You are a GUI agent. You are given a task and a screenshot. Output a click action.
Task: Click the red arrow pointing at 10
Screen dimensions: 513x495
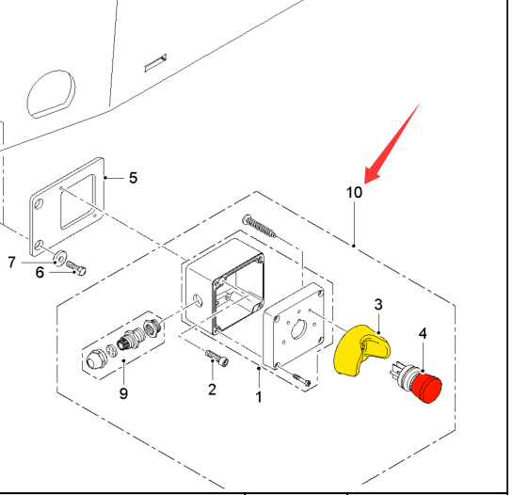point(392,143)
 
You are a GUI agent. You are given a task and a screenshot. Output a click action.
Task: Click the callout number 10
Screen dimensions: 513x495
point(354,192)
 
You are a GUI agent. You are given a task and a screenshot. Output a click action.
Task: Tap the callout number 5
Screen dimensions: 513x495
point(133,178)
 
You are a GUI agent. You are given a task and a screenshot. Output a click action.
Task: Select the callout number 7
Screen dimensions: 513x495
point(12,263)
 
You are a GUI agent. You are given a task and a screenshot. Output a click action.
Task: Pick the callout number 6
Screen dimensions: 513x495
point(40,273)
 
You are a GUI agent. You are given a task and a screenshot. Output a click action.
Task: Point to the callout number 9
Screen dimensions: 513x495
point(123,393)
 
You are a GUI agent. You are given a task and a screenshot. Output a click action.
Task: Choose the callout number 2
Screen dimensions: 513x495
point(212,390)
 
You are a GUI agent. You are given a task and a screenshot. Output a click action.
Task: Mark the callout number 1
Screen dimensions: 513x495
point(259,397)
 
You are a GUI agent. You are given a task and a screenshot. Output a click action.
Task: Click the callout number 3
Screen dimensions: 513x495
point(378,305)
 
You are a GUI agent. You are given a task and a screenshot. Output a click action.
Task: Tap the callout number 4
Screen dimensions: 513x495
point(423,334)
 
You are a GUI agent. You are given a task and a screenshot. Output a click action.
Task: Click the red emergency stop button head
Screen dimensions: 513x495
point(426,389)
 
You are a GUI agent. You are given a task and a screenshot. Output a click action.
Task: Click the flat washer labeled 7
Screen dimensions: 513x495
point(60,258)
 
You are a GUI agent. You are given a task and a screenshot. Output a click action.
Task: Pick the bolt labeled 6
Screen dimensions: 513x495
point(76,268)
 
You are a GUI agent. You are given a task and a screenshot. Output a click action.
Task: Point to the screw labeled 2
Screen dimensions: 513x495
point(216,358)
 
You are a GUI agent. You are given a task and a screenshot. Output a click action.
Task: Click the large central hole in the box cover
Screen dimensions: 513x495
point(298,329)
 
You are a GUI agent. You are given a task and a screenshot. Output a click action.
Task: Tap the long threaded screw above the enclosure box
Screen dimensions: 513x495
point(259,226)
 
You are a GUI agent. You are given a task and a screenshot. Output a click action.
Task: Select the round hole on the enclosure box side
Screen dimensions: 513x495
point(198,300)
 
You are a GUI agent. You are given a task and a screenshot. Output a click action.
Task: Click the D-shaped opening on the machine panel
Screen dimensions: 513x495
point(51,94)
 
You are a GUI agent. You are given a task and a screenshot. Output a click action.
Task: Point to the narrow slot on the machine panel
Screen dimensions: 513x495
point(155,62)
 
